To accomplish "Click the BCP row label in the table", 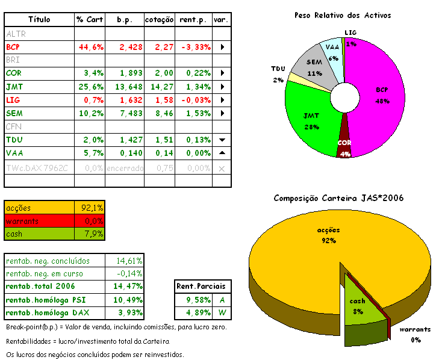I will [x=13, y=46].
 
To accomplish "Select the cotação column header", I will [x=160, y=20].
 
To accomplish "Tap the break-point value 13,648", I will [x=126, y=87].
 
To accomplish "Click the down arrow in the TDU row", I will [x=222, y=140].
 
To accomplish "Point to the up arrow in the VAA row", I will [x=222, y=153].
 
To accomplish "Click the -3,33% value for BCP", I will [x=193, y=46].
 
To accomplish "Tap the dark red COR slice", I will [x=344, y=144].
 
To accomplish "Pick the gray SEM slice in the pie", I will [x=314, y=69].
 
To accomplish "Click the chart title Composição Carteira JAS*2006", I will [x=338, y=197].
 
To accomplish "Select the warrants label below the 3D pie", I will [x=415, y=329].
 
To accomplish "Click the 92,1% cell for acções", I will [x=93, y=208].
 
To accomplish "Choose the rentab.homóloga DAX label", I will [x=43, y=313].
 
